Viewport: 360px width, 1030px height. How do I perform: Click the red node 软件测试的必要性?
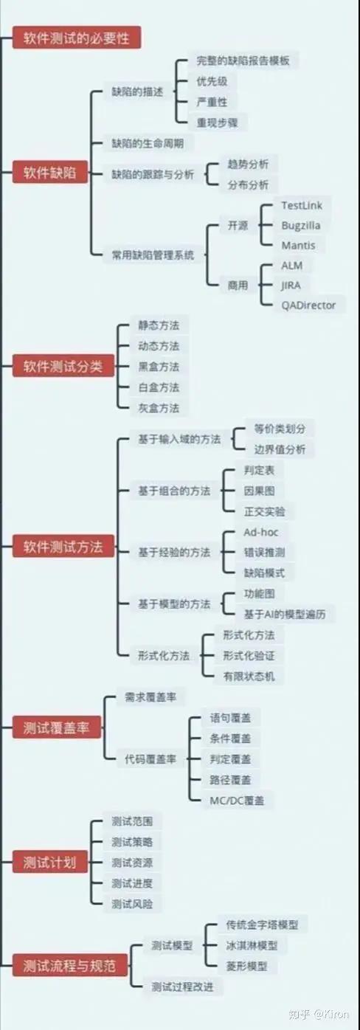(76, 38)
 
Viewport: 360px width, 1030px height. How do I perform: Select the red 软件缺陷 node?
(49, 173)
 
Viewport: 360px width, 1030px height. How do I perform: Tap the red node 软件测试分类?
(63, 366)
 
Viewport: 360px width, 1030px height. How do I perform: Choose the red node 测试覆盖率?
(57, 727)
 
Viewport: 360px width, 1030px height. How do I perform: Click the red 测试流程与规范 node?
(69, 965)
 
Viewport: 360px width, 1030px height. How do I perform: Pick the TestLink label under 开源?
(302, 206)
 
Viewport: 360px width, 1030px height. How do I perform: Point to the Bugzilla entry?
(301, 226)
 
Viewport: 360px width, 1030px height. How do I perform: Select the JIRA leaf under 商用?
(291, 286)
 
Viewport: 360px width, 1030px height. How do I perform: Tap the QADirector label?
(308, 305)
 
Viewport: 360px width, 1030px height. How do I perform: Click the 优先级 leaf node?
(212, 81)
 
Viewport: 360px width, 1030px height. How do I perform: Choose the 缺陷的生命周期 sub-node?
(148, 143)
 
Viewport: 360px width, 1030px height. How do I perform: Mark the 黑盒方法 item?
(159, 367)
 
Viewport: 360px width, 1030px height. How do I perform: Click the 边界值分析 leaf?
(280, 450)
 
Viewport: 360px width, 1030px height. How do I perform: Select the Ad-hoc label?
(260, 533)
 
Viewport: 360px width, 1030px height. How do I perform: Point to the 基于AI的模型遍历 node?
(285, 615)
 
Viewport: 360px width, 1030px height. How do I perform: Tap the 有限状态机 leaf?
(249, 677)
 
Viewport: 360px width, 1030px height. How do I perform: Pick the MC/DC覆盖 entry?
(237, 801)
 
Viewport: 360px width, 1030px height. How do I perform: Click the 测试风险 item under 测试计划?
(132, 904)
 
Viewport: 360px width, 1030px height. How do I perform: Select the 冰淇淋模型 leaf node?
(252, 946)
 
